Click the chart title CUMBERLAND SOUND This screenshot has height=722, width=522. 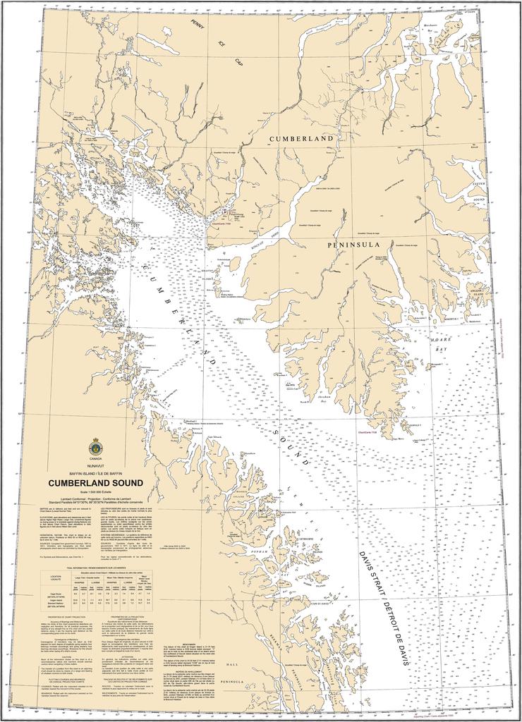pyautogui.click(x=95, y=483)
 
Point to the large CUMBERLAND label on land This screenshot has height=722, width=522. pyautogui.click(x=301, y=140)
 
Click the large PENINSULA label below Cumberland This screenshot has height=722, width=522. pyautogui.click(x=354, y=245)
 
